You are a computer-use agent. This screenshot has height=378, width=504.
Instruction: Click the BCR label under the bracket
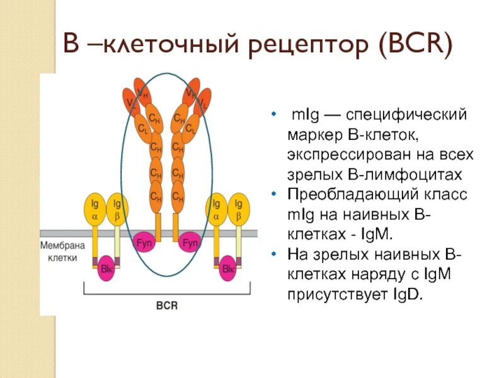click(x=166, y=305)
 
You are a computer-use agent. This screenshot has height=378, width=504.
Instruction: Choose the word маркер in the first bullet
click(x=313, y=135)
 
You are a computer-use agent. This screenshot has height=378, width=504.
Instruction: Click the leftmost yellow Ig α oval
click(x=95, y=209)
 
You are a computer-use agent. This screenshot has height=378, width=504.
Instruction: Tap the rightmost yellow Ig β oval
click(x=239, y=209)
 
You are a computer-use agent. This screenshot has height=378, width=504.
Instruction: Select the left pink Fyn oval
click(x=145, y=243)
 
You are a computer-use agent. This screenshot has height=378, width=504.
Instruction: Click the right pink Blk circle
click(x=227, y=268)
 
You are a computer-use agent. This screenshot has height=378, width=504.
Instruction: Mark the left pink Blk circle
click(x=106, y=268)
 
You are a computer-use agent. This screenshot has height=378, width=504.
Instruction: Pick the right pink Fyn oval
click(x=189, y=243)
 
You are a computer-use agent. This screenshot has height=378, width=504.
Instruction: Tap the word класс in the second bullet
click(x=449, y=194)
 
